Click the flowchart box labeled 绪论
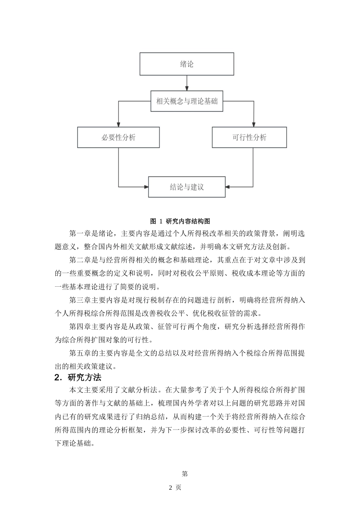click(x=187, y=64)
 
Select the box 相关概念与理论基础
click(x=187, y=101)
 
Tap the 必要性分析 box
click(x=118, y=137)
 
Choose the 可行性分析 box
click(x=249, y=137)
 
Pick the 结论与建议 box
click(x=187, y=187)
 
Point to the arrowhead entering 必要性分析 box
click(x=118, y=125)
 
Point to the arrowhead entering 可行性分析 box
click(x=253, y=125)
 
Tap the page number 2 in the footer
click(x=171, y=487)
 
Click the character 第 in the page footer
click(x=185, y=474)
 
